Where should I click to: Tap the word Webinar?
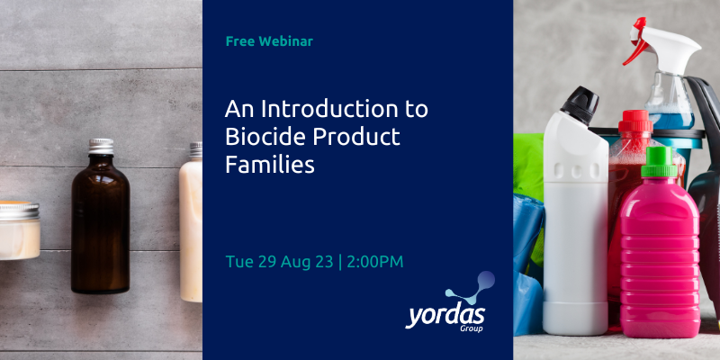(285, 41)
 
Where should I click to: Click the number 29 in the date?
(265, 261)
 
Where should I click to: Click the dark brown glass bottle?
(100, 225)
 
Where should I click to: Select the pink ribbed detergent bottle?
(660, 252)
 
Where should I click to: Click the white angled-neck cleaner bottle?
(575, 225)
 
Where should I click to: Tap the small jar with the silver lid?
(18, 229)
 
